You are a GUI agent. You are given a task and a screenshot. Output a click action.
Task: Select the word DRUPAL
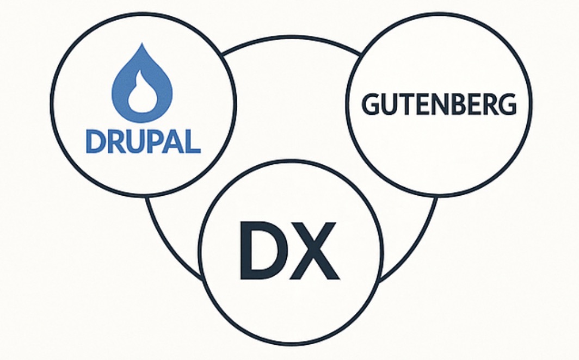[143, 142]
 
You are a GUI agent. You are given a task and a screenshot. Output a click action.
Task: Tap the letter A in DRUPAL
[172, 142]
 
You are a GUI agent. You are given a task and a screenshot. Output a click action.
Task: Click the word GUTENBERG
[439, 104]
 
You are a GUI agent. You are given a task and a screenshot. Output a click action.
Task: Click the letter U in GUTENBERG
[389, 104]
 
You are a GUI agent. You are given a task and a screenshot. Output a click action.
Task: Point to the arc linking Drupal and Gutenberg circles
[291, 38]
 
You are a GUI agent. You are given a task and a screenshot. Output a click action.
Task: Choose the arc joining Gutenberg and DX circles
[416, 245]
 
